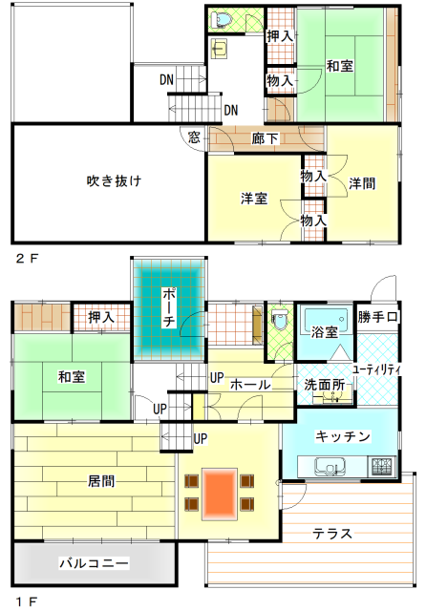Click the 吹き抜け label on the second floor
click(114, 181)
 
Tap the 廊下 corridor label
click(265, 138)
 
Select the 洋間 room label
click(362, 183)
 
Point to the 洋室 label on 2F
click(254, 199)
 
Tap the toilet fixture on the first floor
click(280, 320)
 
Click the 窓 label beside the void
click(194, 137)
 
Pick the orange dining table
click(220, 495)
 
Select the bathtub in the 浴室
click(326, 319)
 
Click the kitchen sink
click(330, 467)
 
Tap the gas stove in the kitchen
click(382, 466)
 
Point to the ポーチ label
click(169, 307)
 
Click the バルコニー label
click(94, 563)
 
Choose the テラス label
click(332, 533)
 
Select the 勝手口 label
click(377, 317)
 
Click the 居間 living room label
click(101, 481)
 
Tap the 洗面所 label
click(325, 385)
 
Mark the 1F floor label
click(27, 601)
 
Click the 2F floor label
click(28, 259)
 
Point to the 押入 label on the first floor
click(101, 317)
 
